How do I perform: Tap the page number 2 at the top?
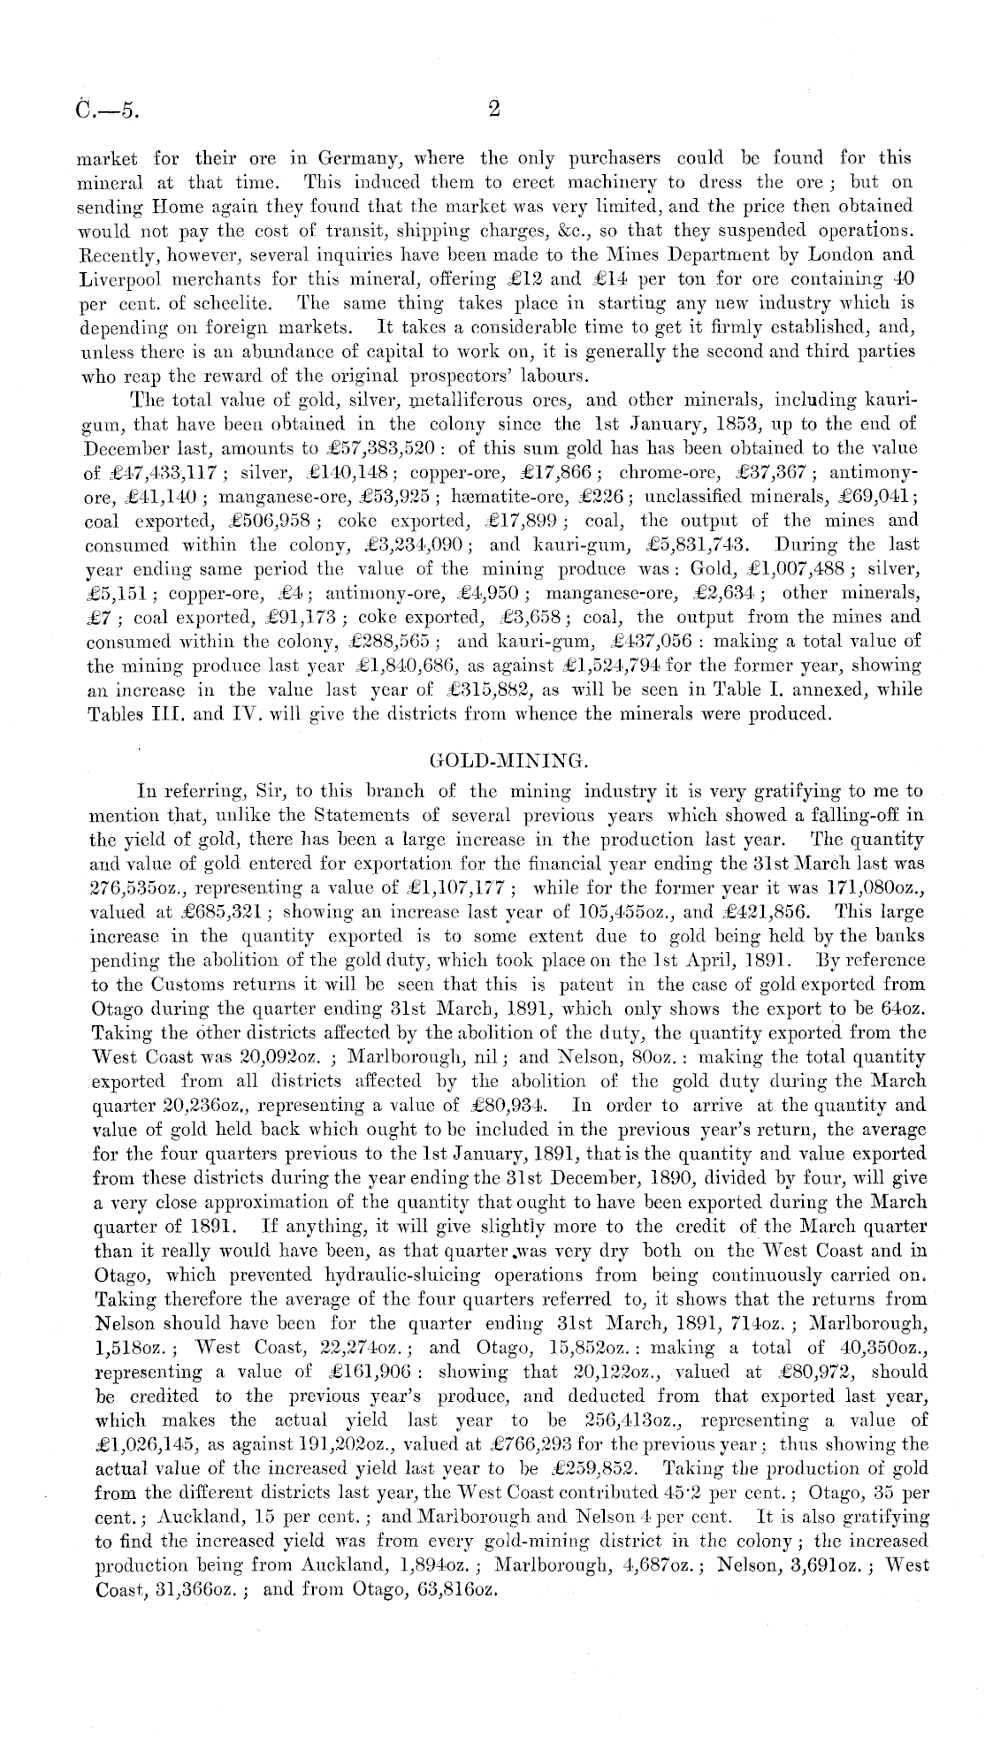494,110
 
